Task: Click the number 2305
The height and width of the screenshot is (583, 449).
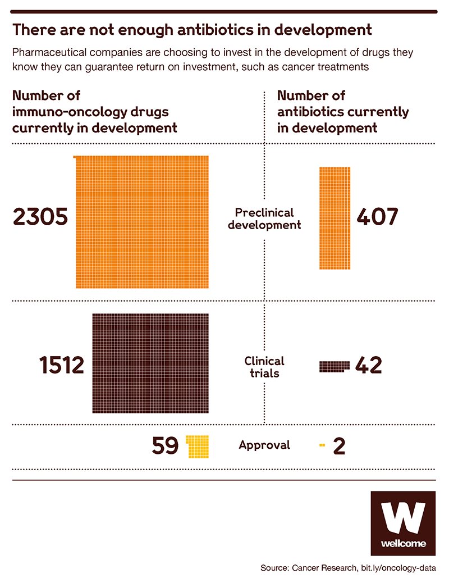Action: click(x=40, y=217)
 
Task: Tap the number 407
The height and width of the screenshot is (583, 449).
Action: click(x=377, y=217)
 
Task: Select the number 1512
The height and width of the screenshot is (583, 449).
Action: click(x=62, y=366)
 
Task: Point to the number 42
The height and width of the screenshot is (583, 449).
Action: click(x=368, y=366)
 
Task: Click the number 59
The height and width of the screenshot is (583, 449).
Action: click(x=165, y=445)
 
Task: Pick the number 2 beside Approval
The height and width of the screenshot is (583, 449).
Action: click(x=339, y=445)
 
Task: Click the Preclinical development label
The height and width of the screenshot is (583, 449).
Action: click(x=264, y=219)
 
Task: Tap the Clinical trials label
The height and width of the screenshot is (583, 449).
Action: click(x=264, y=366)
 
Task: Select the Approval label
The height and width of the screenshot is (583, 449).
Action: click(x=264, y=445)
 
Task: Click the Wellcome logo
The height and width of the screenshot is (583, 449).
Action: click(x=403, y=523)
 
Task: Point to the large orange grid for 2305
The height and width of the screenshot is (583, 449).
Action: click(x=142, y=222)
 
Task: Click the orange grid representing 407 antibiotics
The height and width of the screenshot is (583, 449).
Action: click(x=335, y=218)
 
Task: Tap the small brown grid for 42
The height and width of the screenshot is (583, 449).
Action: click(x=334, y=366)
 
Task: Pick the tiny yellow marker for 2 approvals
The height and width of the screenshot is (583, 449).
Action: click(x=322, y=445)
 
